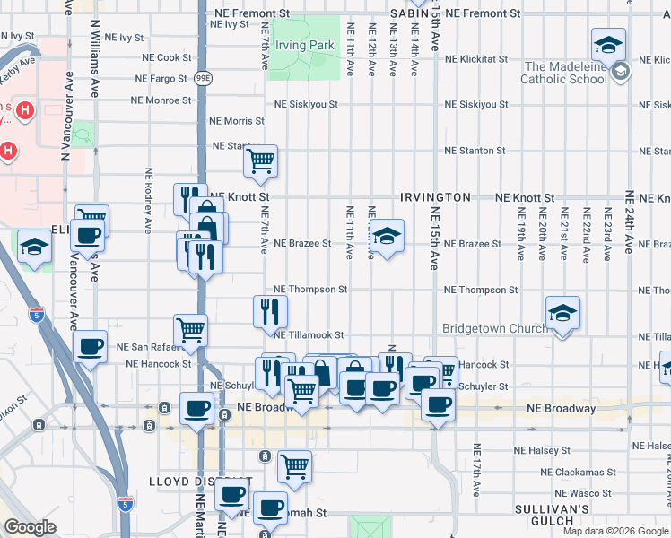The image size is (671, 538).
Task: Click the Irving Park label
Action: coord(305,46)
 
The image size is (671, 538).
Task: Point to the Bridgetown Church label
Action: coord(495,328)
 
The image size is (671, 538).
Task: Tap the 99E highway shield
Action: coord(203,78)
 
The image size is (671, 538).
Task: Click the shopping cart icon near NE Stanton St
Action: coord(260,161)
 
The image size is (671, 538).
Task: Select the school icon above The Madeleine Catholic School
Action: coord(608,44)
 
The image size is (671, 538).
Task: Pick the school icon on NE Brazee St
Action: coord(387,236)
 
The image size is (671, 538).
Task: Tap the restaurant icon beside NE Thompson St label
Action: coord(271,311)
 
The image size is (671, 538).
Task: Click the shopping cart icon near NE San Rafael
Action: coord(190,330)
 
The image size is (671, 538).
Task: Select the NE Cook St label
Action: coord(174,57)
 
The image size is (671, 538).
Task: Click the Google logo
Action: coord(30,526)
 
